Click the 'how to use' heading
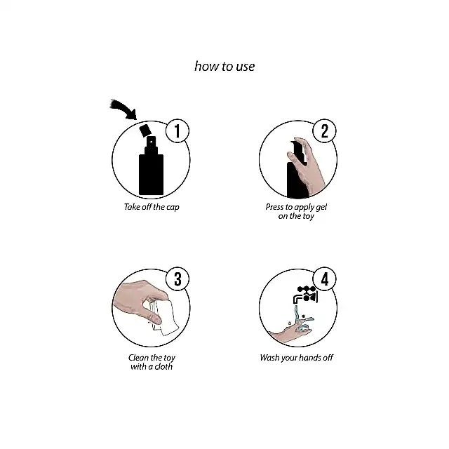click(224, 67)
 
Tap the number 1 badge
click(177, 131)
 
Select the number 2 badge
click(324, 131)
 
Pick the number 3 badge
click(177, 279)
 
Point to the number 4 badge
click(324, 279)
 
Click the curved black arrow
click(123, 108)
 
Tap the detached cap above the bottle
click(145, 130)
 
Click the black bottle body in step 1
click(152, 175)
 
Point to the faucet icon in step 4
click(305, 295)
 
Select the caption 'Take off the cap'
click(152, 207)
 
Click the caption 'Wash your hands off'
click(297, 358)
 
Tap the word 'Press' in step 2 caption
click(274, 207)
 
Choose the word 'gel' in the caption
click(321, 208)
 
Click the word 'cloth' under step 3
click(163, 366)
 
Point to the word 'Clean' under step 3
click(139, 358)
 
